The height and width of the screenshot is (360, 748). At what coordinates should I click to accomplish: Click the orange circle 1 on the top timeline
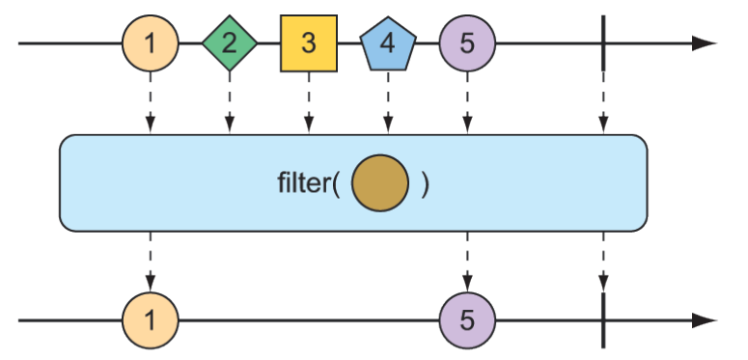coord(151,43)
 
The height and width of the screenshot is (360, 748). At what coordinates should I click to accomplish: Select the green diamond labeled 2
coord(230,43)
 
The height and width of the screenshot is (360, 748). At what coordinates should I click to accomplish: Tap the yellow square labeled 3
coord(308,43)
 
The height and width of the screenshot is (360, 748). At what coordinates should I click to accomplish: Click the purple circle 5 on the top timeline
coord(467,43)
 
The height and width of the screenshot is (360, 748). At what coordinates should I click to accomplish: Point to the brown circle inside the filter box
coord(380,183)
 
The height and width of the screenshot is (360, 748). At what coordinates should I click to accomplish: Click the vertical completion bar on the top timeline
coord(603,43)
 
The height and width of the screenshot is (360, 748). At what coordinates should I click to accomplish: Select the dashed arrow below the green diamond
coord(230,106)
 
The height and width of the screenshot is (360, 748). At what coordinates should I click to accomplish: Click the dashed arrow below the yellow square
coord(308,106)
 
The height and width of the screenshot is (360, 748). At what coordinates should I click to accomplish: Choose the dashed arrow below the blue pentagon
coord(388,106)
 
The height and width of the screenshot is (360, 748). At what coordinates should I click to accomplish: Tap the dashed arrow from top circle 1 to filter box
coord(151,106)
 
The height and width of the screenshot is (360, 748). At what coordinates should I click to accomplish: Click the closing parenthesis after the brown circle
coord(425,183)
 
